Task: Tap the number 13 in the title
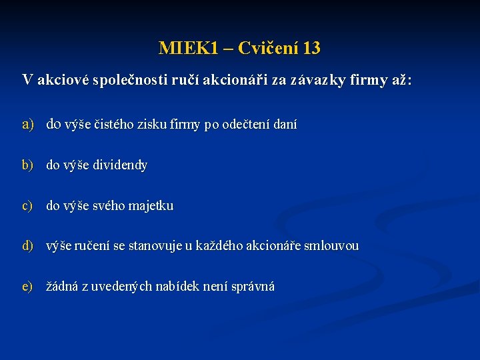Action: pyautogui.click(x=311, y=48)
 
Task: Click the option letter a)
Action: pyautogui.click(x=28, y=124)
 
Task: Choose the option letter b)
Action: pyautogui.click(x=28, y=165)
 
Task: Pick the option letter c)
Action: pyautogui.click(x=28, y=205)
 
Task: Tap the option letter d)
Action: pyautogui.click(x=28, y=246)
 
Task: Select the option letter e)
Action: pyautogui.click(x=28, y=287)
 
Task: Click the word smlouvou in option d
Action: pyautogui.click(x=331, y=246)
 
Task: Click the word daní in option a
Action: pyautogui.click(x=285, y=124)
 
